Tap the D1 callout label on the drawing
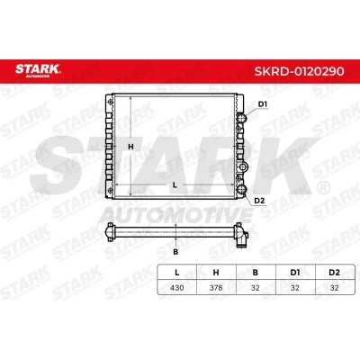(x=263, y=105)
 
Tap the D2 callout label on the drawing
(x=259, y=200)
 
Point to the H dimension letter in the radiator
(x=130, y=147)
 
